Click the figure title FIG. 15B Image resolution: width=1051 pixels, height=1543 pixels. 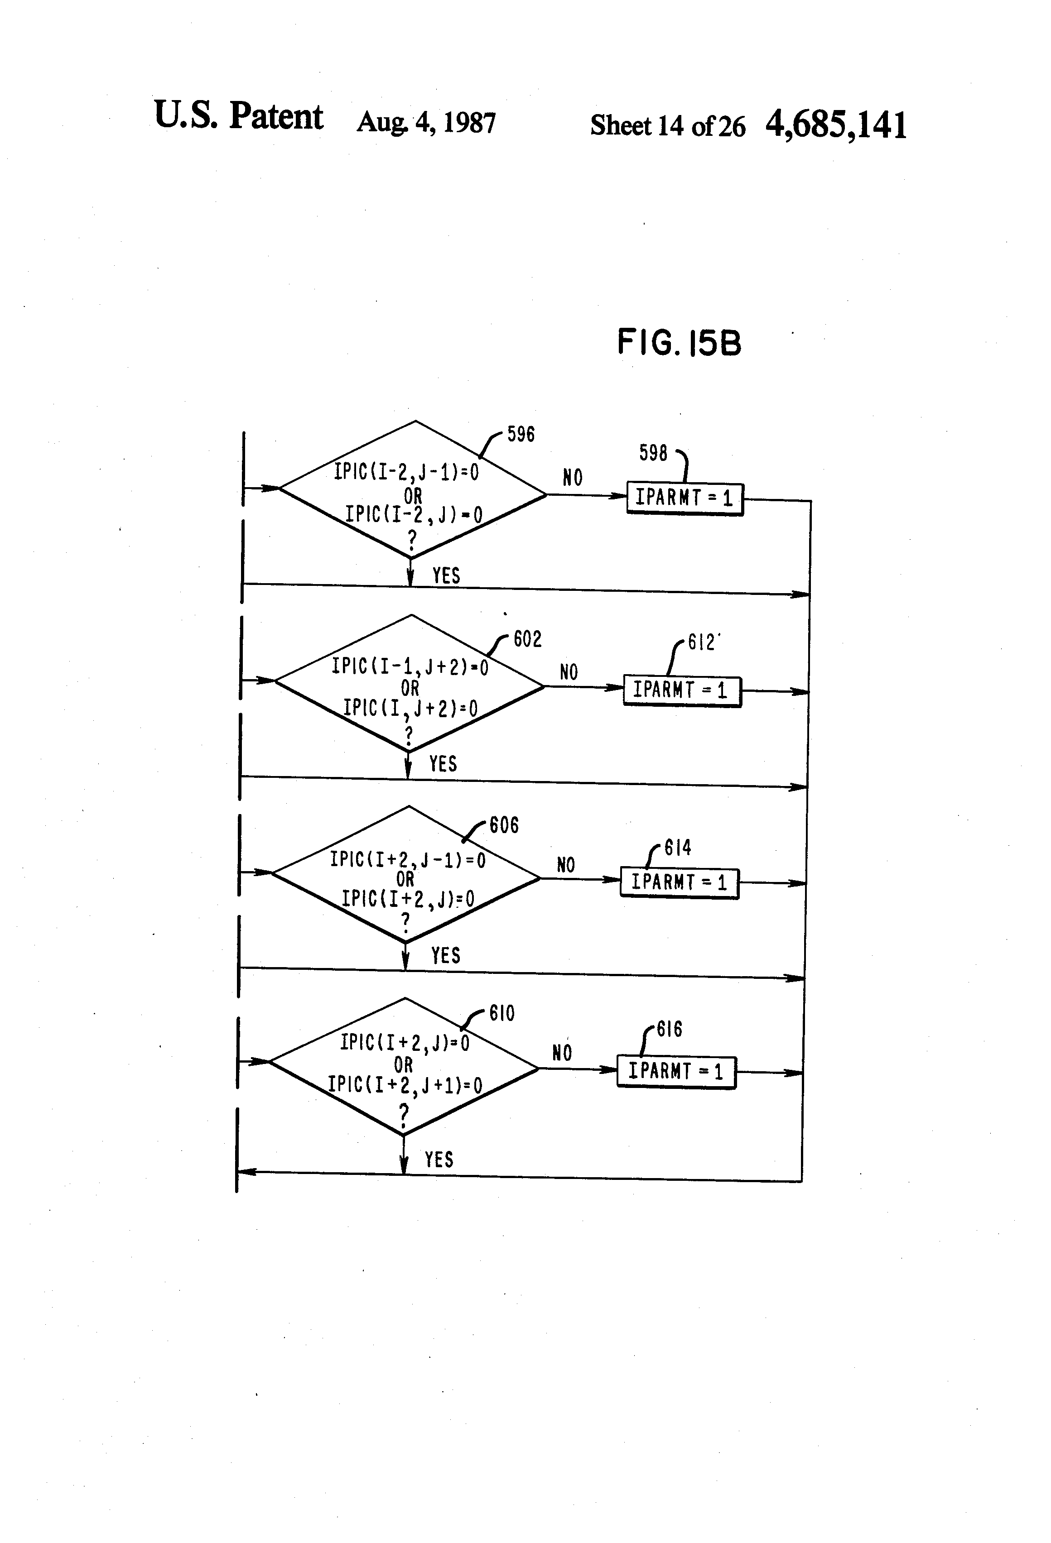[x=679, y=343]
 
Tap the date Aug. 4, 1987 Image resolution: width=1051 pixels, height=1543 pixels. [x=426, y=122]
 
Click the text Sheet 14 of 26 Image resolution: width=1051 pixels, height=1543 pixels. [x=668, y=125]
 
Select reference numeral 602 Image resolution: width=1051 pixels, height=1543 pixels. [x=527, y=639]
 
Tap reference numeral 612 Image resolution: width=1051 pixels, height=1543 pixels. [x=702, y=642]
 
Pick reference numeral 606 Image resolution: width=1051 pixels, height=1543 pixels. [x=504, y=825]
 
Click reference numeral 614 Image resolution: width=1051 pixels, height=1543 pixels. [x=678, y=848]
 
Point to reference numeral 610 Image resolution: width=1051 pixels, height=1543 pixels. [x=502, y=1014]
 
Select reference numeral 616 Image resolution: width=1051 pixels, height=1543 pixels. [x=670, y=1030]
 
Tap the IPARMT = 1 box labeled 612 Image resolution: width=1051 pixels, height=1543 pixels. [x=682, y=691]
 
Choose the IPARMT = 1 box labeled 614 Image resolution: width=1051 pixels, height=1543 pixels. [x=680, y=883]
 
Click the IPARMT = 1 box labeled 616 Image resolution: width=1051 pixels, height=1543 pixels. [x=676, y=1072]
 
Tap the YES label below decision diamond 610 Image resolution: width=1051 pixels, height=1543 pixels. [x=439, y=1160]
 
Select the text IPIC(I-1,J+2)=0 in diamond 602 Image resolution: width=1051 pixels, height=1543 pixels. [x=410, y=666]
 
